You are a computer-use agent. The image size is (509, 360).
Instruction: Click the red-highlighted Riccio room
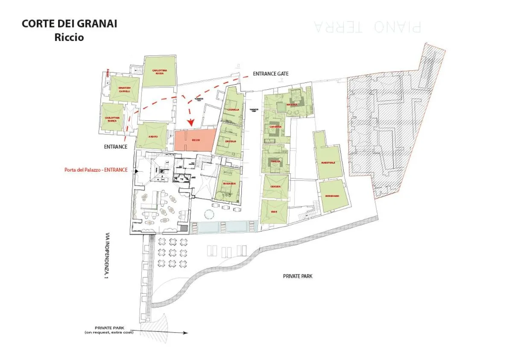tap(195, 140)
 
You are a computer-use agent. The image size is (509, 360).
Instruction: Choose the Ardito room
tap(152, 136)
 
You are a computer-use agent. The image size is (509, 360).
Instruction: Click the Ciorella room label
tap(234, 110)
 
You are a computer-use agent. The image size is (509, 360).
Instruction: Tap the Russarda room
tap(229, 184)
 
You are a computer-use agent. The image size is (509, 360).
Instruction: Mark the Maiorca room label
tap(292, 104)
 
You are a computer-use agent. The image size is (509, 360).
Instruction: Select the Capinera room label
tap(275, 127)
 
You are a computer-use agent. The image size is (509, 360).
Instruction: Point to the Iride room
tap(274, 212)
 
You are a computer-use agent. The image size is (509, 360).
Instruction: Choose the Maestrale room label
tap(328, 163)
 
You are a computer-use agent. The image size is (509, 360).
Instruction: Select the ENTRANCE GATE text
tap(270, 74)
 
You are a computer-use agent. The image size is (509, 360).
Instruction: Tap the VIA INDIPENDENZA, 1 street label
tap(107, 256)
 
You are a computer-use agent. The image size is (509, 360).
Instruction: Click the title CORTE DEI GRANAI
tap(69, 24)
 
